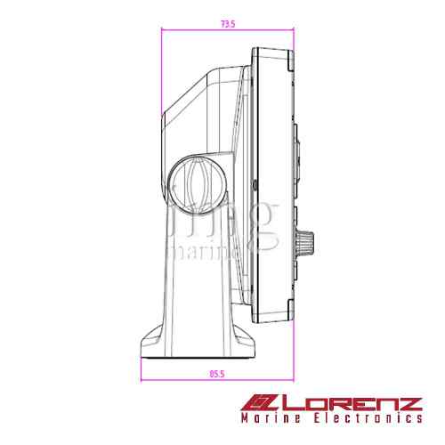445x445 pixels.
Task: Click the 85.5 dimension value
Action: pyautogui.click(x=217, y=375)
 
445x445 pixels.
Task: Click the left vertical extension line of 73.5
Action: pyautogui.click(x=161, y=71)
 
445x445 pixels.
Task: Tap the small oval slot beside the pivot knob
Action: pyautogui.click(x=255, y=184)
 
